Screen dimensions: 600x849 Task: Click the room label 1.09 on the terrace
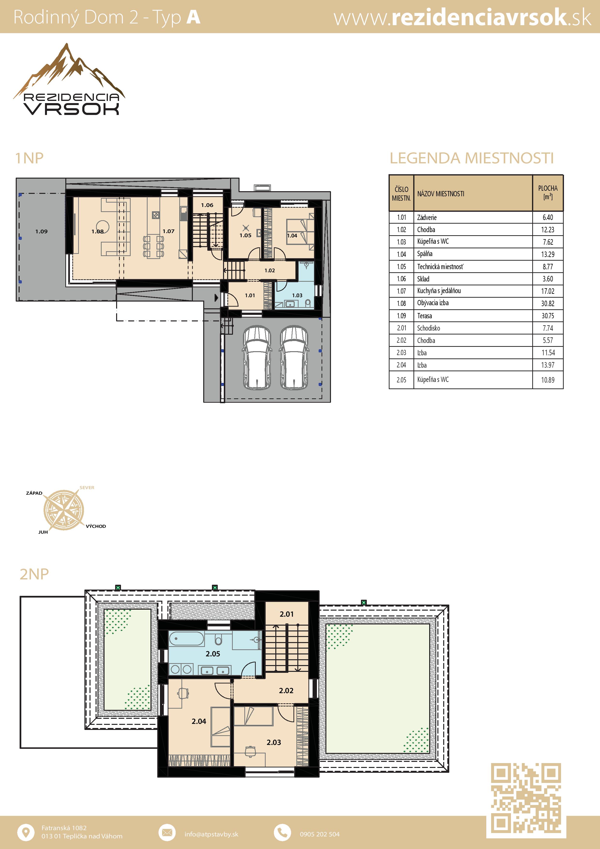[x=41, y=231]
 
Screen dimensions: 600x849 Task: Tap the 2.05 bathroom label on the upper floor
[x=213, y=654]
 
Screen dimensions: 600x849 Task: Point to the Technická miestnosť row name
[x=440, y=267]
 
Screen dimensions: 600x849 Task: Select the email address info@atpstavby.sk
[x=211, y=834]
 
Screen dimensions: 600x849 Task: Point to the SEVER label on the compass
[x=87, y=487]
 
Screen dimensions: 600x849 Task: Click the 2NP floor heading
[x=34, y=574]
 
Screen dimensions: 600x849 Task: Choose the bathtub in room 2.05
[x=186, y=639]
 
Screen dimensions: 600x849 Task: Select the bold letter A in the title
[x=193, y=17]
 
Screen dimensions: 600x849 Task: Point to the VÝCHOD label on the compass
[x=96, y=526]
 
